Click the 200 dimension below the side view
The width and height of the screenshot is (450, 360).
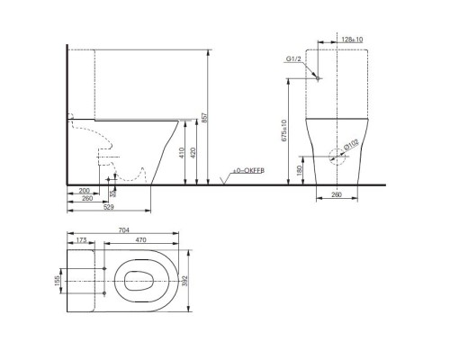(x=84, y=192)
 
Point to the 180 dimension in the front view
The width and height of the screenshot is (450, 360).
(x=299, y=169)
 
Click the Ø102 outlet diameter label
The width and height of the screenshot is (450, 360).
(x=351, y=144)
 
